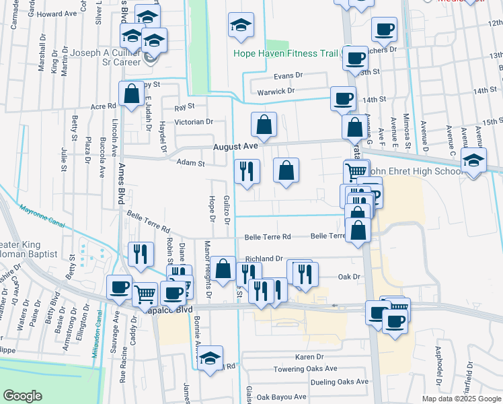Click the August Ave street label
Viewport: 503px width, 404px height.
point(236,146)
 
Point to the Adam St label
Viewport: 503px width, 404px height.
point(190,162)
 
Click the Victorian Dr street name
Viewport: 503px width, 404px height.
point(194,122)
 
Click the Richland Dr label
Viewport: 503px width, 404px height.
point(264,259)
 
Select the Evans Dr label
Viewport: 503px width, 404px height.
point(288,75)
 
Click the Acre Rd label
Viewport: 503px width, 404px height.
point(103,106)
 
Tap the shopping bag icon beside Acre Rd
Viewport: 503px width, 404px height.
point(131,94)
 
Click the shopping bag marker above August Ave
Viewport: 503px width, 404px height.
point(264,125)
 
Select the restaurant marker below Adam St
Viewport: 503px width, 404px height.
point(247,171)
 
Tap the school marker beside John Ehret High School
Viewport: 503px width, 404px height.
point(475,162)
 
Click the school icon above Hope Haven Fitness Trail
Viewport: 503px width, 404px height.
point(241,26)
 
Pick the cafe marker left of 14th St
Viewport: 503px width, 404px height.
point(343,99)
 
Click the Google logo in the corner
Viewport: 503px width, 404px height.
point(22,396)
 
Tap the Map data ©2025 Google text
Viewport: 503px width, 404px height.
point(461,399)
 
